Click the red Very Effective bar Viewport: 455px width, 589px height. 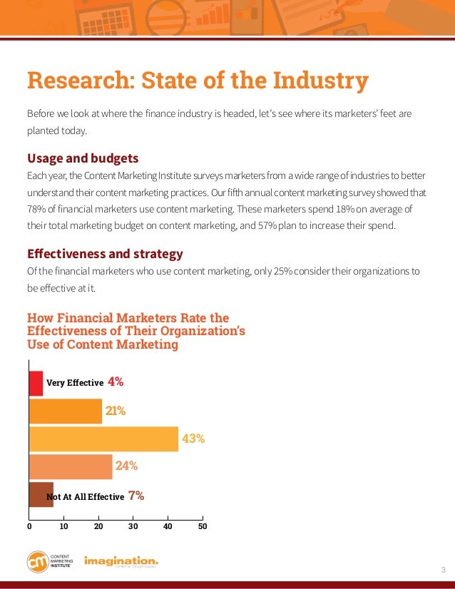click(36, 383)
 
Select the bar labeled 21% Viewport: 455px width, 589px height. click(65, 411)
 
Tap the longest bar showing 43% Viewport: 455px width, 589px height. click(103, 439)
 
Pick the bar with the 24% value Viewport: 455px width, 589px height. click(71, 466)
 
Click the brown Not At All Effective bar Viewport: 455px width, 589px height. click(41, 494)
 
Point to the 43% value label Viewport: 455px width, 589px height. click(193, 439)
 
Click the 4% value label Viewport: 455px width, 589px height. click(116, 382)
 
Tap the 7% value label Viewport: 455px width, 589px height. click(136, 496)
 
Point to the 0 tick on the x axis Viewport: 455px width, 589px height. click(29, 527)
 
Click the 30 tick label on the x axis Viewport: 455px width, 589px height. click(133, 527)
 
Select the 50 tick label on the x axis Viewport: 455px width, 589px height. click(203, 527)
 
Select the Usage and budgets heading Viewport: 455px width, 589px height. click(82, 158)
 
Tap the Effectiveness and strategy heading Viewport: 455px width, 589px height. click(105, 253)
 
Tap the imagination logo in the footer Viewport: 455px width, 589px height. click(121, 561)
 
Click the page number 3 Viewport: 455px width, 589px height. click(443, 569)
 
